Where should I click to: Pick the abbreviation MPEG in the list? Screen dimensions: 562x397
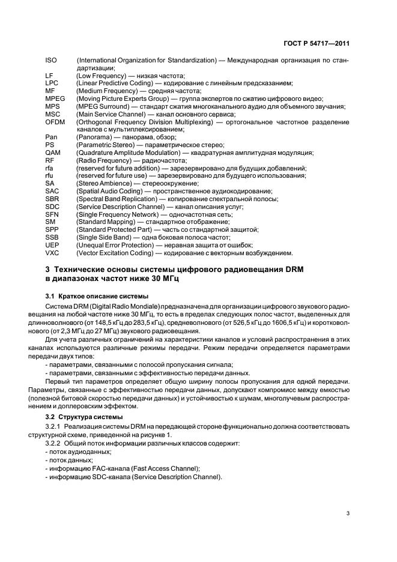[x=55, y=98]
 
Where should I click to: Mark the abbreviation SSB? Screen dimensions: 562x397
[x=52, y=237]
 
